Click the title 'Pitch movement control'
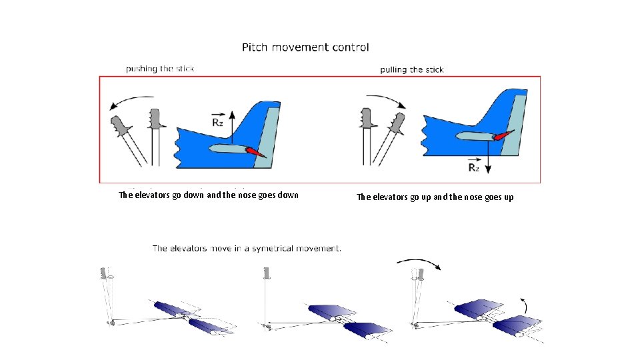tap(305, 47)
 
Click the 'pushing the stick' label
tap(160, 69)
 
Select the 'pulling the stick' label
tap(411, 69)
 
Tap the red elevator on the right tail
tap(505, 136)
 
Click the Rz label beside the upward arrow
tap(217, 122)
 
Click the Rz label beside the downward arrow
tap(473, 167)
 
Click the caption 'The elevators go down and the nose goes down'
tap(208, 195)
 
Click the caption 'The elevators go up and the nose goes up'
tap(435, 197)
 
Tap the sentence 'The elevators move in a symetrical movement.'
tap(247, 249)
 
